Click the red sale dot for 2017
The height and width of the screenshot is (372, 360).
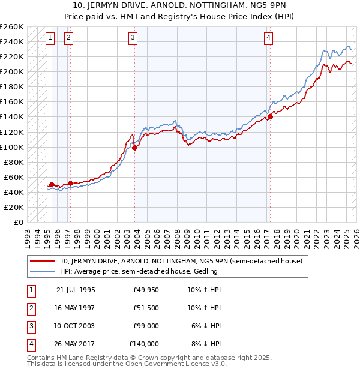pyautogui.click(x=270, y=116)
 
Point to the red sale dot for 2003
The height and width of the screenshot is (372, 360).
pyautogui.click(x=134, y=148)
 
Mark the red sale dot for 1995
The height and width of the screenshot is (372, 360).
pyautogui.click(x=52, y=184)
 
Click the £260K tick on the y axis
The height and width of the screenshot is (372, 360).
pyautogui.click(x=12, y=27)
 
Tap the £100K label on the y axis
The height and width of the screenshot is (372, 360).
pyautogui.click(x=12, y=147)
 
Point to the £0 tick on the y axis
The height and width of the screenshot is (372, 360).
pyautogui.click(x=18, y=222)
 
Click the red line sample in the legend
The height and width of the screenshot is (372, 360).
pyautogui.click(x=43, y=261)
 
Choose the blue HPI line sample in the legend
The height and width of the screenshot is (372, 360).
pyautogui.click(x=43, y=271)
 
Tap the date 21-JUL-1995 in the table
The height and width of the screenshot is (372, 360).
pyautogui.click(x=76, y=290)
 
